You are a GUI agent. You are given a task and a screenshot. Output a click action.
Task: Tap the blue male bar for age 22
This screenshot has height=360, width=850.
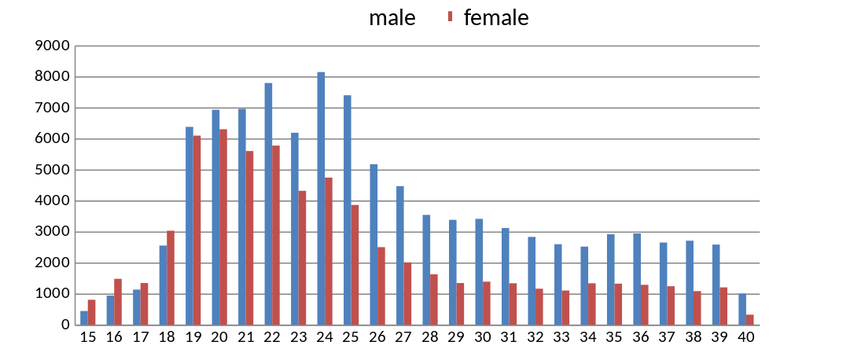click(268, 204)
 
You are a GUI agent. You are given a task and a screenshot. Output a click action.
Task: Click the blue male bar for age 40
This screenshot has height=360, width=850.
click(742, 310)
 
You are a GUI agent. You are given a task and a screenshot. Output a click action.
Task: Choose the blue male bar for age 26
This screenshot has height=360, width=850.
click(373, 244)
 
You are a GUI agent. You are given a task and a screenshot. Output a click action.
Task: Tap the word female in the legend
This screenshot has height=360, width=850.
click(496, 17)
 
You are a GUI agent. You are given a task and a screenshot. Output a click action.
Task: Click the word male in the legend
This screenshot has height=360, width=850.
click(392, 17)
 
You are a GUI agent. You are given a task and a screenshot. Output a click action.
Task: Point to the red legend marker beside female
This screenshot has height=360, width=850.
click(451, 17)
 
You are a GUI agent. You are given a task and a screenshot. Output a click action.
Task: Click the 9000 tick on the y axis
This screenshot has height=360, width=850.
click(54, 46)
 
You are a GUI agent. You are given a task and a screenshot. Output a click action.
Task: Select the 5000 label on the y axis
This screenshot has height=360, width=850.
click(54, 171)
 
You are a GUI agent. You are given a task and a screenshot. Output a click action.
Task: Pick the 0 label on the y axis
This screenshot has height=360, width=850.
click(66, 325)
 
